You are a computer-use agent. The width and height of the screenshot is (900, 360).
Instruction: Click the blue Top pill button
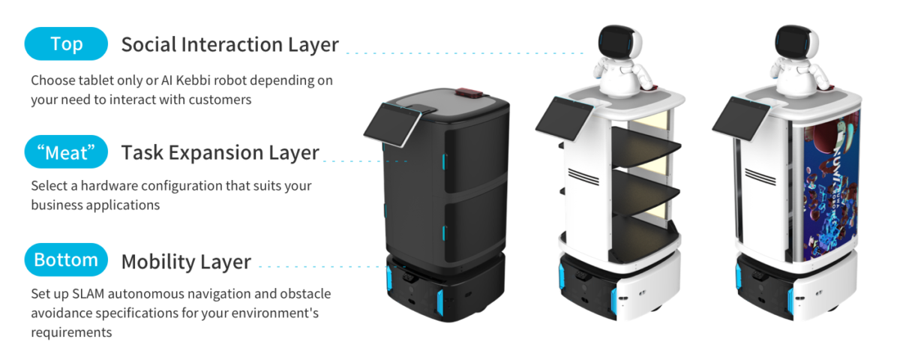click(x=66, y=44)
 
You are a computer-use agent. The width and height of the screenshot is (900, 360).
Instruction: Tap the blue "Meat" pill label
click(x=66, y=152)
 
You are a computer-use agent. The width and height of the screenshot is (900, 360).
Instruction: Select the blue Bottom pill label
click(x=66, y=260)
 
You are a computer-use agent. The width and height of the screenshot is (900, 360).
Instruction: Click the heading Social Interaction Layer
click(x=229, y=44)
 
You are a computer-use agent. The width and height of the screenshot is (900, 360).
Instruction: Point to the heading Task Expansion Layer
click(x=220, y=153)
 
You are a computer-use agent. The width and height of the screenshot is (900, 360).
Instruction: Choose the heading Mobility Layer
click(x=186, y=262)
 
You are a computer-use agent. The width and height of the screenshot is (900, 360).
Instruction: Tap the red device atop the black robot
click(x=469, y=94)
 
